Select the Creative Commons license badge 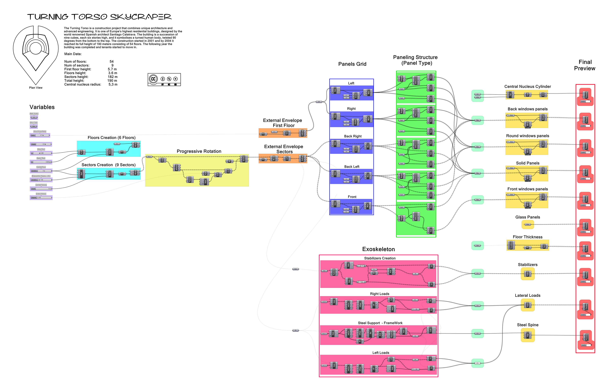tap(164, 80)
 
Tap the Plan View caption tap(36, 88)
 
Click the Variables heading tap(42, 107)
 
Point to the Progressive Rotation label tap(199, 151)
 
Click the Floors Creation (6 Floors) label tap(111, 138)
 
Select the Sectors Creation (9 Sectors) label tap(108, 165)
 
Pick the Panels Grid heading tap(352, 64)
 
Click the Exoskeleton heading tap(378, 249)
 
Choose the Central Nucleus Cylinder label tap(528, 86)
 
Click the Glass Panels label tap(528, 217)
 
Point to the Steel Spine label tap(528, 325)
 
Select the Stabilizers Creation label tap(380, 258)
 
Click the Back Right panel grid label tap(353, 136)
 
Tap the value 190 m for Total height tap(112, 81)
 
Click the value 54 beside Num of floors tap(112, 61)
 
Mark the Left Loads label tap(381, 353)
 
